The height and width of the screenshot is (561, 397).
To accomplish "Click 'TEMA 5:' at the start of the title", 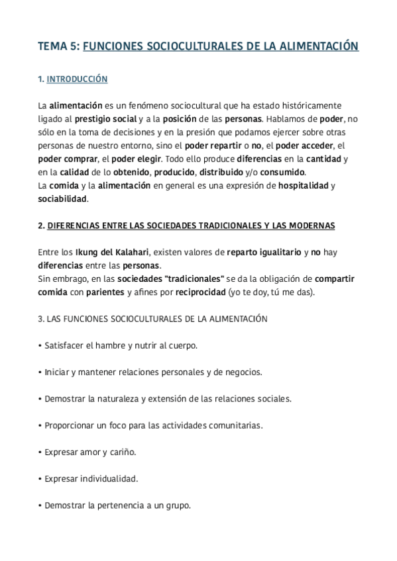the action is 58,46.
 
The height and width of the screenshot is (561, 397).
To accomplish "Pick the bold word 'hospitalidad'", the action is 303,186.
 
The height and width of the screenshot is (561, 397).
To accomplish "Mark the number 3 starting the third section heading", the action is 40,319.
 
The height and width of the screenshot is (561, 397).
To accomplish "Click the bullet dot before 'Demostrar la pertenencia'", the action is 40,505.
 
